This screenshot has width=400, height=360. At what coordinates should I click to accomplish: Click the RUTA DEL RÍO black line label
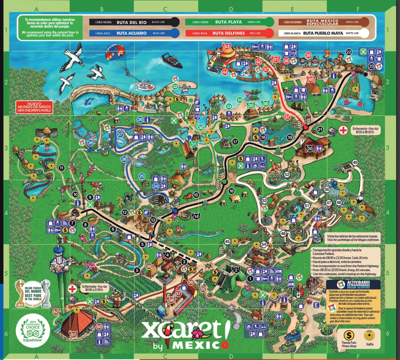click(132, 22)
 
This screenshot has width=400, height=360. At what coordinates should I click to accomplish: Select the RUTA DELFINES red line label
click(228, 33)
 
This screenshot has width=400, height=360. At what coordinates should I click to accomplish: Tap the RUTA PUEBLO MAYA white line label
click(323, 33)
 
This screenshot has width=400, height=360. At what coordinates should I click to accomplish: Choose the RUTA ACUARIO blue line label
click(132, 33)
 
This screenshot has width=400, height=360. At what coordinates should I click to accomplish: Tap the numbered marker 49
click(355, 163)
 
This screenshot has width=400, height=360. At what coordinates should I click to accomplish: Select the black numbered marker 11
click(62, 168)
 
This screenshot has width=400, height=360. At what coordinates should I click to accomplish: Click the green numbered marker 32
click(175, 87)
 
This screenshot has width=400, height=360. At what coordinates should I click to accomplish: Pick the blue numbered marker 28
click(90, 143)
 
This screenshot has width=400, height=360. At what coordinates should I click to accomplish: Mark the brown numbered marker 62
click(56, 312)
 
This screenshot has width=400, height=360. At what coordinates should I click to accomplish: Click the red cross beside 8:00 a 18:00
click(343, 130)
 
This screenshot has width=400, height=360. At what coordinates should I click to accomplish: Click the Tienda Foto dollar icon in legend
click(349, 336)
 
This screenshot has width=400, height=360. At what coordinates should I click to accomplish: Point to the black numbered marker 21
click(320, 129)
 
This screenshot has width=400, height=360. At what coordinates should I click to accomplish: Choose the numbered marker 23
click(371, 66)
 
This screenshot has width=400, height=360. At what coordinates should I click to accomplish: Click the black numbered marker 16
click(231, 191)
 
